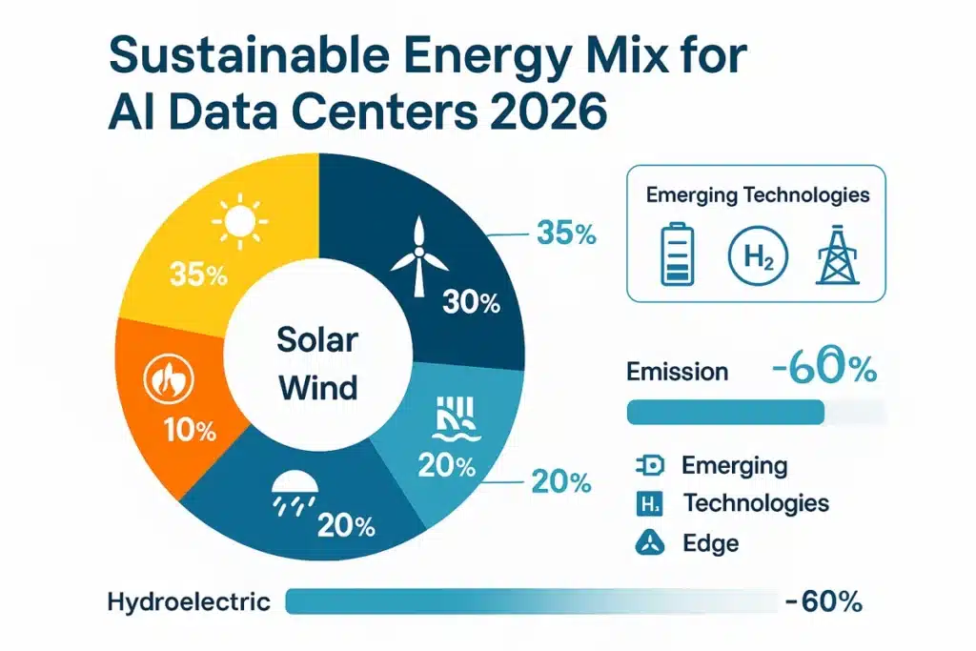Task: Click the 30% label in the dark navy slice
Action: point(472,303)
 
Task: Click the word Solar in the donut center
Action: point(317,337)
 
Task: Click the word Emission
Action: point(677,372)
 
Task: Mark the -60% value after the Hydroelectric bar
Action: point(824,601)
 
